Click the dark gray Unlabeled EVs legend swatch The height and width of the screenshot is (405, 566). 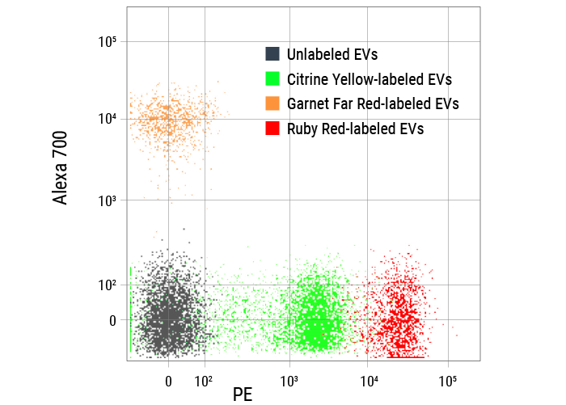click(272, 54)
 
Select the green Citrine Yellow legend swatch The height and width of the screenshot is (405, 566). click(272, 79)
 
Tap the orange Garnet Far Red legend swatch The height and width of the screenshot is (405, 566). click(272, 103)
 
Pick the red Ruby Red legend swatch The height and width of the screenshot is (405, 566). click(272, 129)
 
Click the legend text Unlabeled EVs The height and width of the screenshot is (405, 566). click(332, 55)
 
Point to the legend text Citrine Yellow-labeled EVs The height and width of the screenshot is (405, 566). click(369, 79)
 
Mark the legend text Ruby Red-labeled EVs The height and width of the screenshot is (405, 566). click(355, 129)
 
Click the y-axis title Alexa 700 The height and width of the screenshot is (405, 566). click(61, 173)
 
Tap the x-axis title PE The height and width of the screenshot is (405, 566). click(243, 394)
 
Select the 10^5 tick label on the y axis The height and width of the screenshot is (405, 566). click(108, 41)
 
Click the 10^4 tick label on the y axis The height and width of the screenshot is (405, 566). click(108, 119)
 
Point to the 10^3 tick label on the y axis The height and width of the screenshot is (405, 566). click(108, 200)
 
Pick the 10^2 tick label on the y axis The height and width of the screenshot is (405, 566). click(108, 285)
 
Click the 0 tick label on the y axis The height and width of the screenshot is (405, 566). click(112, 321)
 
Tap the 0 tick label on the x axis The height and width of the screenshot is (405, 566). click(168, 378)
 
